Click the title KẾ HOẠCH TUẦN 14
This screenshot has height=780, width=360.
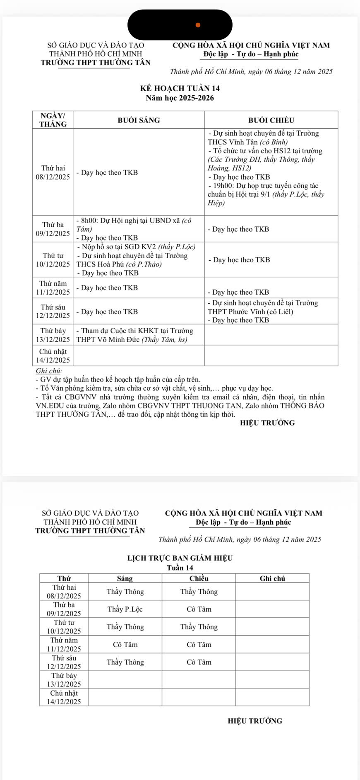pyautogui.click(x=180, y=88)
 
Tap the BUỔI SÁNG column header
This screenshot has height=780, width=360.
pyautogui.click(x=139, y=120)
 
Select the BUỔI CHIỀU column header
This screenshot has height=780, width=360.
pyautogui.click(x=271, y=120)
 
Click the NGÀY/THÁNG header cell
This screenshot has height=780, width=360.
pyautogui.click(x=53, y=120)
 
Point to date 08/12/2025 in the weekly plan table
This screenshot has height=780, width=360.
pyautogui.click(x=53, y=177)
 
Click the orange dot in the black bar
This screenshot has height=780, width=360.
pyautogui.click(x=198, y=25)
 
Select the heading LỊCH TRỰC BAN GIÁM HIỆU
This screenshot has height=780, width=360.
pyautogui.click(x=180, y=558)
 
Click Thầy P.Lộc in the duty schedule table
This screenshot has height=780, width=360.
pyautogui.click(x=125, y=609)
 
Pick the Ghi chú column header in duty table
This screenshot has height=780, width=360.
pyautogui.click(x=272, y=578)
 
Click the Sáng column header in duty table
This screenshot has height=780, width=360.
pyautogui.click(x=125, y=578)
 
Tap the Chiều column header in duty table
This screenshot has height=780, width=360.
pyautogui.click(x=199, y=578)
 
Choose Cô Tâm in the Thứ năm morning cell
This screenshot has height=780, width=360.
pyautogui.click(x=125, y=644)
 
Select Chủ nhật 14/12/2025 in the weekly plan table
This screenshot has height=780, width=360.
pyautogui.click(x=53, y=355)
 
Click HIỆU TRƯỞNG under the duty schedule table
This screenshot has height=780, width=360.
pyautogui.click(x=255, y=721)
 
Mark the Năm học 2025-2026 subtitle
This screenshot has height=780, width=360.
pyautogui.click(x=180, y=98)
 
